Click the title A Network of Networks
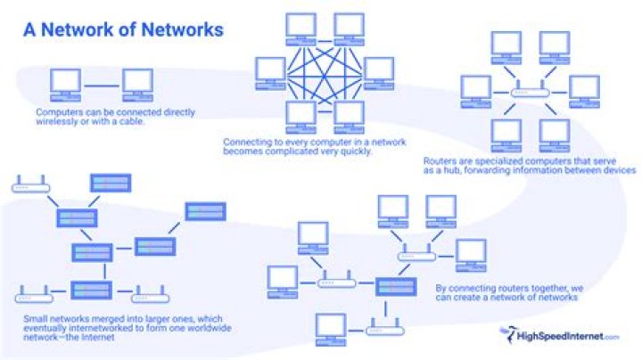point(123,30)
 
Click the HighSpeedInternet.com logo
point(559,336)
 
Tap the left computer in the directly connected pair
point(65,83)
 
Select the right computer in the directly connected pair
point(137,83)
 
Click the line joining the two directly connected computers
point(101,86)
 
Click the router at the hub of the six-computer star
point(531,92)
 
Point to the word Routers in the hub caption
point(442,161)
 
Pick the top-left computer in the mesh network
point(301,27)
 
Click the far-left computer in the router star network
point(476,87)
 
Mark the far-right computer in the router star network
point(585,87)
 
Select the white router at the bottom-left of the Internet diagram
point(33,290)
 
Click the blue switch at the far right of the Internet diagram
point(205,211)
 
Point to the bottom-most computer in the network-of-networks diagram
point(330,326)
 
